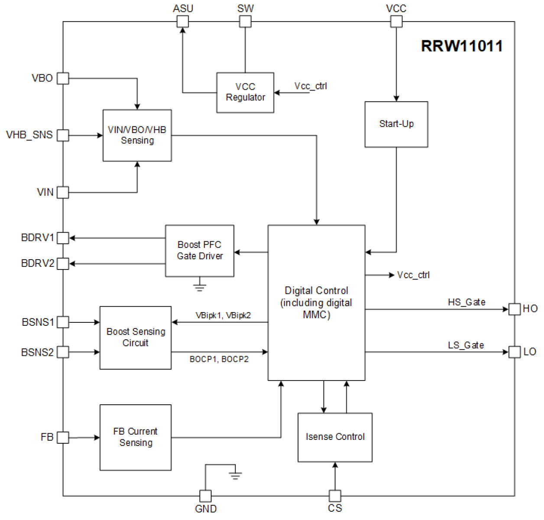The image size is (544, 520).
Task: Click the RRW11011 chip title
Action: (462, 46)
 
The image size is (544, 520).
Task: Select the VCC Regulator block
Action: (245, 92)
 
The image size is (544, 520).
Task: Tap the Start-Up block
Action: (396, 124)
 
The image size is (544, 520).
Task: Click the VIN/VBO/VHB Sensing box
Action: (137, 135)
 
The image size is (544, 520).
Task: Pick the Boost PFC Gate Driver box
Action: (200, 250)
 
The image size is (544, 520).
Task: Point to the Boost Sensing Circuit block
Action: (136, 338)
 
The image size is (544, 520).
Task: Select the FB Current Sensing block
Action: (136, 437)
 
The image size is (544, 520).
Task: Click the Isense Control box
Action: (335, 437)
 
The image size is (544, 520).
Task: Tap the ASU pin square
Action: (183, 21)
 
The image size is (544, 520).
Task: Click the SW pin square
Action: (245, 21)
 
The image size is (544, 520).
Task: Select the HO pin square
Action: (514, 309)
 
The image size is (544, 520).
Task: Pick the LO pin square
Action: (514, 352)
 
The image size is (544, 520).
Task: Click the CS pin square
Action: (335, 496)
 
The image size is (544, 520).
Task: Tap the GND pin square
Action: (205, 496)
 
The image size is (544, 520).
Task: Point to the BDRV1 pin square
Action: (63, 238)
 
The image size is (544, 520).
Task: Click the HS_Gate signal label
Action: (466, 302)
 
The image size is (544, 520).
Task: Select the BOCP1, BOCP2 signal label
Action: (219, 359)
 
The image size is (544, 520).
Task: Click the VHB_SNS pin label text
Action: (29, 135)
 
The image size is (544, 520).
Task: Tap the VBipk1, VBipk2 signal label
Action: (223, 315)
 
